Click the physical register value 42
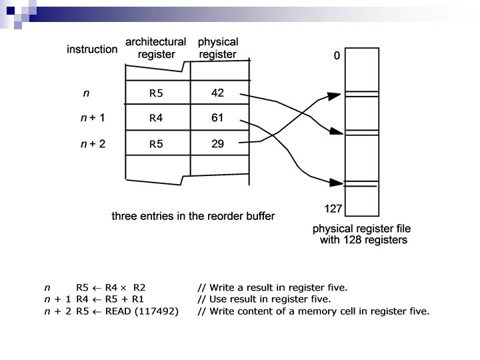pos(217,93)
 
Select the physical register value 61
pos(217,119)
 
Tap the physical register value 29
pos(217,143)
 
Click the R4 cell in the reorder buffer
pos(156,119)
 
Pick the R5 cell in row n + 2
pos(156,143)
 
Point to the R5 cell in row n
pos(156,93)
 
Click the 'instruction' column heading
pos(92,49)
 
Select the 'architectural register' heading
pos(156,49)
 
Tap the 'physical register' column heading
pos(218,48)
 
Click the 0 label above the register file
pos(337,57)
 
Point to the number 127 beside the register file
pos(333,209)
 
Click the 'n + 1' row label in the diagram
pos(93,119)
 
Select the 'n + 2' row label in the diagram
pos(93,143)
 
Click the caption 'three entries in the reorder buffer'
pos(193,216)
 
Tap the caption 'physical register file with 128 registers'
pos(360,235)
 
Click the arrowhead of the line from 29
pos(337,95)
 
